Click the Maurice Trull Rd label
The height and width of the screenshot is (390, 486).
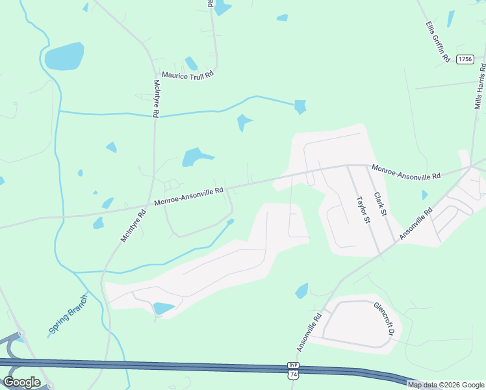coord(188,75)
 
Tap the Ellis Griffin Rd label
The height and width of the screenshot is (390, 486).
coord(438,41)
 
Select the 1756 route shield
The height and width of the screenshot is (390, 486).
coord(465,59)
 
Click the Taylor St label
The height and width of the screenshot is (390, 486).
coord(361,210)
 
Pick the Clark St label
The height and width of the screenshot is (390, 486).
coord(380,204)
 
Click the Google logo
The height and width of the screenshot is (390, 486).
coord(21,382)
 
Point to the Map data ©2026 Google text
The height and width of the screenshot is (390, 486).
coord(446,385)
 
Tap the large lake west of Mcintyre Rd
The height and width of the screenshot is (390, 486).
coord(64,57)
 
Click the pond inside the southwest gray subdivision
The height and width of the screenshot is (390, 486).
coord(163,308)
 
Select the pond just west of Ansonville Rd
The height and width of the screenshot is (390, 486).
coord(301,291)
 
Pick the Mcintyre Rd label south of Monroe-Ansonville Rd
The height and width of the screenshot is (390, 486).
coord(133,225)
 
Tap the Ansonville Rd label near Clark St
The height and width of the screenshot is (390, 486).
coord(416,224)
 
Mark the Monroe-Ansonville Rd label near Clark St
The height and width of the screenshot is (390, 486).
coord(406,172)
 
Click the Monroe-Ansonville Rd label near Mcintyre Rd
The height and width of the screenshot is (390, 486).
coord(189,197)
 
